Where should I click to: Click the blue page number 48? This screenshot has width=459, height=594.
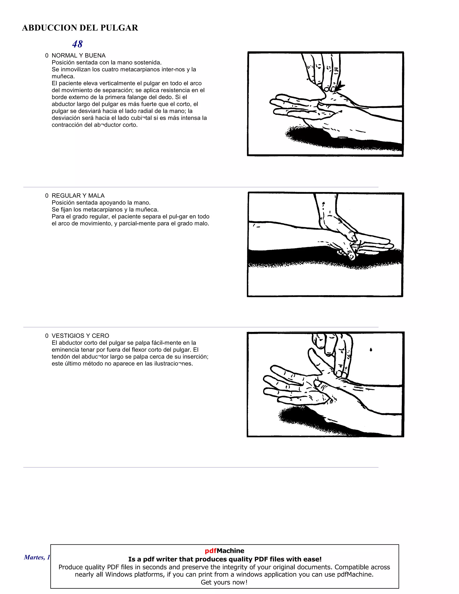[77, 44]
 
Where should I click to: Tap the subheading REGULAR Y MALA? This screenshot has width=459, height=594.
[78, 195]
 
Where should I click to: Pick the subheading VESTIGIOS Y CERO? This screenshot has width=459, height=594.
[80, 336]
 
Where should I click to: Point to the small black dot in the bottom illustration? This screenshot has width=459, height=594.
[371, 350]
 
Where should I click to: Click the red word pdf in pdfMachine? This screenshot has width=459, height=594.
[210, 551]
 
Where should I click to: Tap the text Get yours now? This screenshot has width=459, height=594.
[224, 582]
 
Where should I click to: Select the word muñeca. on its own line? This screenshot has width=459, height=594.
[63, 76]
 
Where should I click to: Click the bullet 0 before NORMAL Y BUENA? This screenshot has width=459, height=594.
[47, 56]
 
